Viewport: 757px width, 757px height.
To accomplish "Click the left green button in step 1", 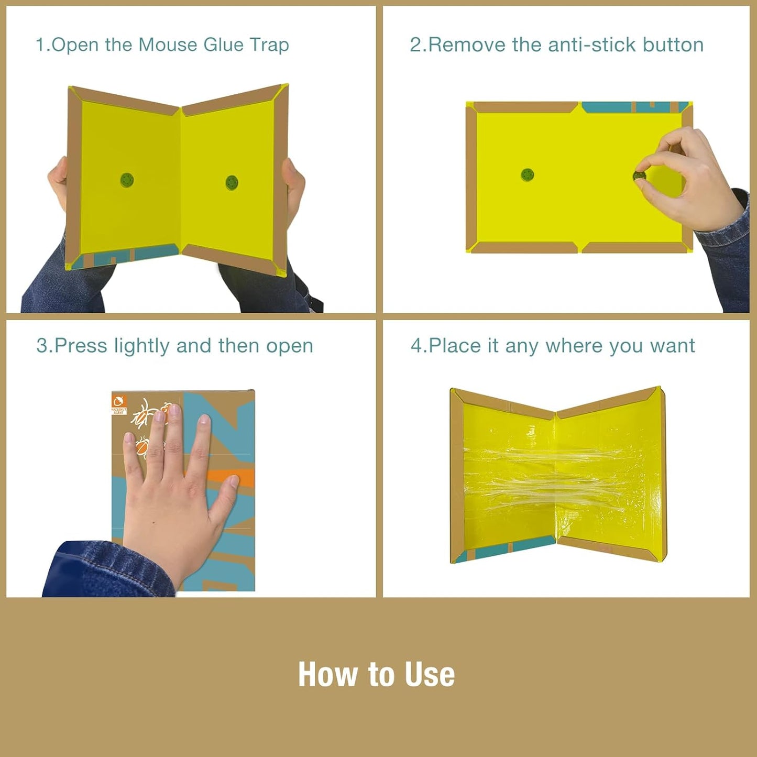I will [x=127, y=180].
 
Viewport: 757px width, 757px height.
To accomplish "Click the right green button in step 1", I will [x=232, y=182].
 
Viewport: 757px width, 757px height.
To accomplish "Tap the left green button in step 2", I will [x=528, y=174].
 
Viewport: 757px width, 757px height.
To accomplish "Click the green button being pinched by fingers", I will [x=639, y=175].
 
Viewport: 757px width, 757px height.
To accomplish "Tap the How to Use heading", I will [x=376, y=674].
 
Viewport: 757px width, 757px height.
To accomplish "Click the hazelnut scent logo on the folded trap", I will [x=119, y=404].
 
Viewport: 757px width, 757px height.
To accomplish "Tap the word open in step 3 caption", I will [x=289, y=346].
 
